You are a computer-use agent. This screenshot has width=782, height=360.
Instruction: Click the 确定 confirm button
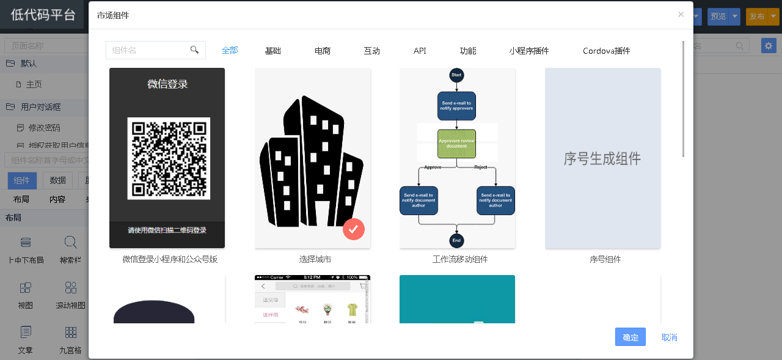(630, 337)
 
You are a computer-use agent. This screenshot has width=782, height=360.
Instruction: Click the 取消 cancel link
(669, 337)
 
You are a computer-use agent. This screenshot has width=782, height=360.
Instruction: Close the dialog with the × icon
(681, 15)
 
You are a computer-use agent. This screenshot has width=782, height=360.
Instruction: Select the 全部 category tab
(230, 50)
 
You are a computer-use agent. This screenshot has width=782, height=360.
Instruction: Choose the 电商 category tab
(323, 51)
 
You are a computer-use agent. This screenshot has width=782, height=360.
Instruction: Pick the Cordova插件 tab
(606, 51)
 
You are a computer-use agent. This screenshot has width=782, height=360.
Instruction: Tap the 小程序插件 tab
(529, 51)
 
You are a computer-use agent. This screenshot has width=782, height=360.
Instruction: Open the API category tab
(420, 51)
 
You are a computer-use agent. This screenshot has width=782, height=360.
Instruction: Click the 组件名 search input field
(147, 50)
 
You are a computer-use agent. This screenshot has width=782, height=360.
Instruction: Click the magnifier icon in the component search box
(195, 50)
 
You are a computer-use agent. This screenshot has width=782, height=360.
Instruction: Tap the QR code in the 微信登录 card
(169, 158)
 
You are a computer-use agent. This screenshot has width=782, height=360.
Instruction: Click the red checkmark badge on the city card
(354, 229)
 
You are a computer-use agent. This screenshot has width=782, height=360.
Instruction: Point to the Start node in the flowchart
(456, 75)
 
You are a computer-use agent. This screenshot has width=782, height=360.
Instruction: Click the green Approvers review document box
(456, 144)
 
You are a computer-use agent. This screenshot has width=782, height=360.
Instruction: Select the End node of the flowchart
(456, 240)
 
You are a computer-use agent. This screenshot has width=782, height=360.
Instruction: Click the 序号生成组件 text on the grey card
(602, 159)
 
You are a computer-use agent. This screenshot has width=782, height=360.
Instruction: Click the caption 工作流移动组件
(459, 259)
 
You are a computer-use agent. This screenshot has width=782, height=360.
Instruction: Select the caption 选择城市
(315, 259)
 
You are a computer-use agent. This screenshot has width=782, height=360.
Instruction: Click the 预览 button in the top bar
(718, 17)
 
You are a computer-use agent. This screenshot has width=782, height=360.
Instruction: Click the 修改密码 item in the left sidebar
(44, 128)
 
